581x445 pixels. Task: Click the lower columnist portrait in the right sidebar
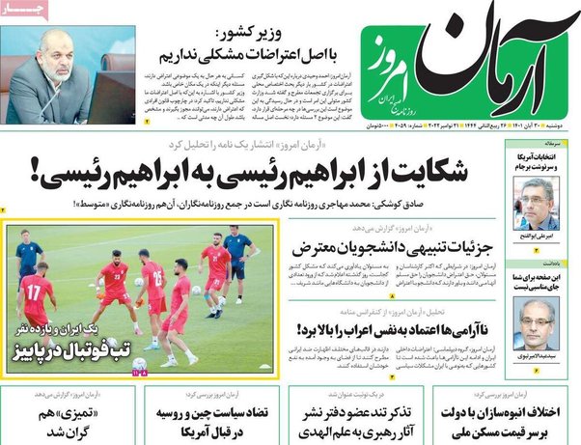[537, 319]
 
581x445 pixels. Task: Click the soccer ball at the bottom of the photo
[140, 365]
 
